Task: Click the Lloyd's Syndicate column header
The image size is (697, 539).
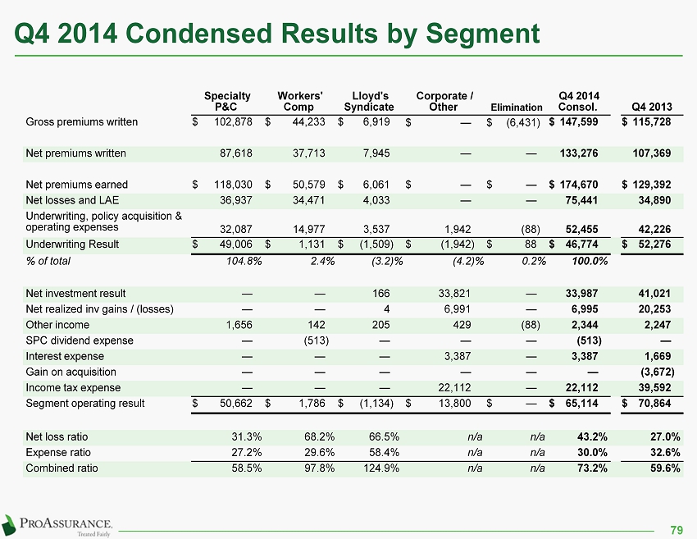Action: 369,102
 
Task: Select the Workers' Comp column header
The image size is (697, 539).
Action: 299,102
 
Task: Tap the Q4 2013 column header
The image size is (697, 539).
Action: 652,107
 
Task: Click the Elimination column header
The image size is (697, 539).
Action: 517,107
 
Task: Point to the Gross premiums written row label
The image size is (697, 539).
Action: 82,122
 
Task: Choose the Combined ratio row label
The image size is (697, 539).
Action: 61,468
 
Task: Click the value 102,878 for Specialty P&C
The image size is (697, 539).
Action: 234,122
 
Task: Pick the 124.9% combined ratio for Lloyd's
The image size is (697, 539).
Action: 381,468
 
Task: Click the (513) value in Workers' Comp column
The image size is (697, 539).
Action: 316,340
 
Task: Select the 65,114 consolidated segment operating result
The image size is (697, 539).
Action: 581,404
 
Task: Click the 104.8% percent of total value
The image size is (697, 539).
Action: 244,261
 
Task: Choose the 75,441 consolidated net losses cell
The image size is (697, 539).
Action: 581,200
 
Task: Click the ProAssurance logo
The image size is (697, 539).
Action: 57,526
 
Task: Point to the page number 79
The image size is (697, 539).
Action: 676,530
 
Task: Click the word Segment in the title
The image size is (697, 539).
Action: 483,34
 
